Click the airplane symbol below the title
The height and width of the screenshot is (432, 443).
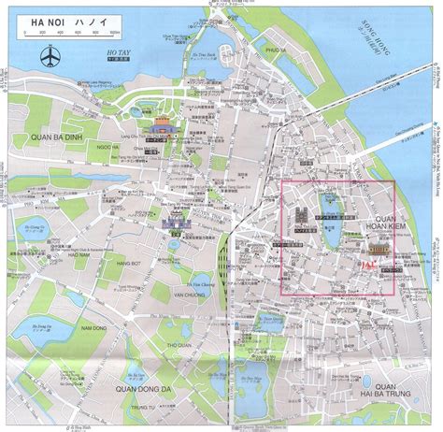click(x=48, y=56)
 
